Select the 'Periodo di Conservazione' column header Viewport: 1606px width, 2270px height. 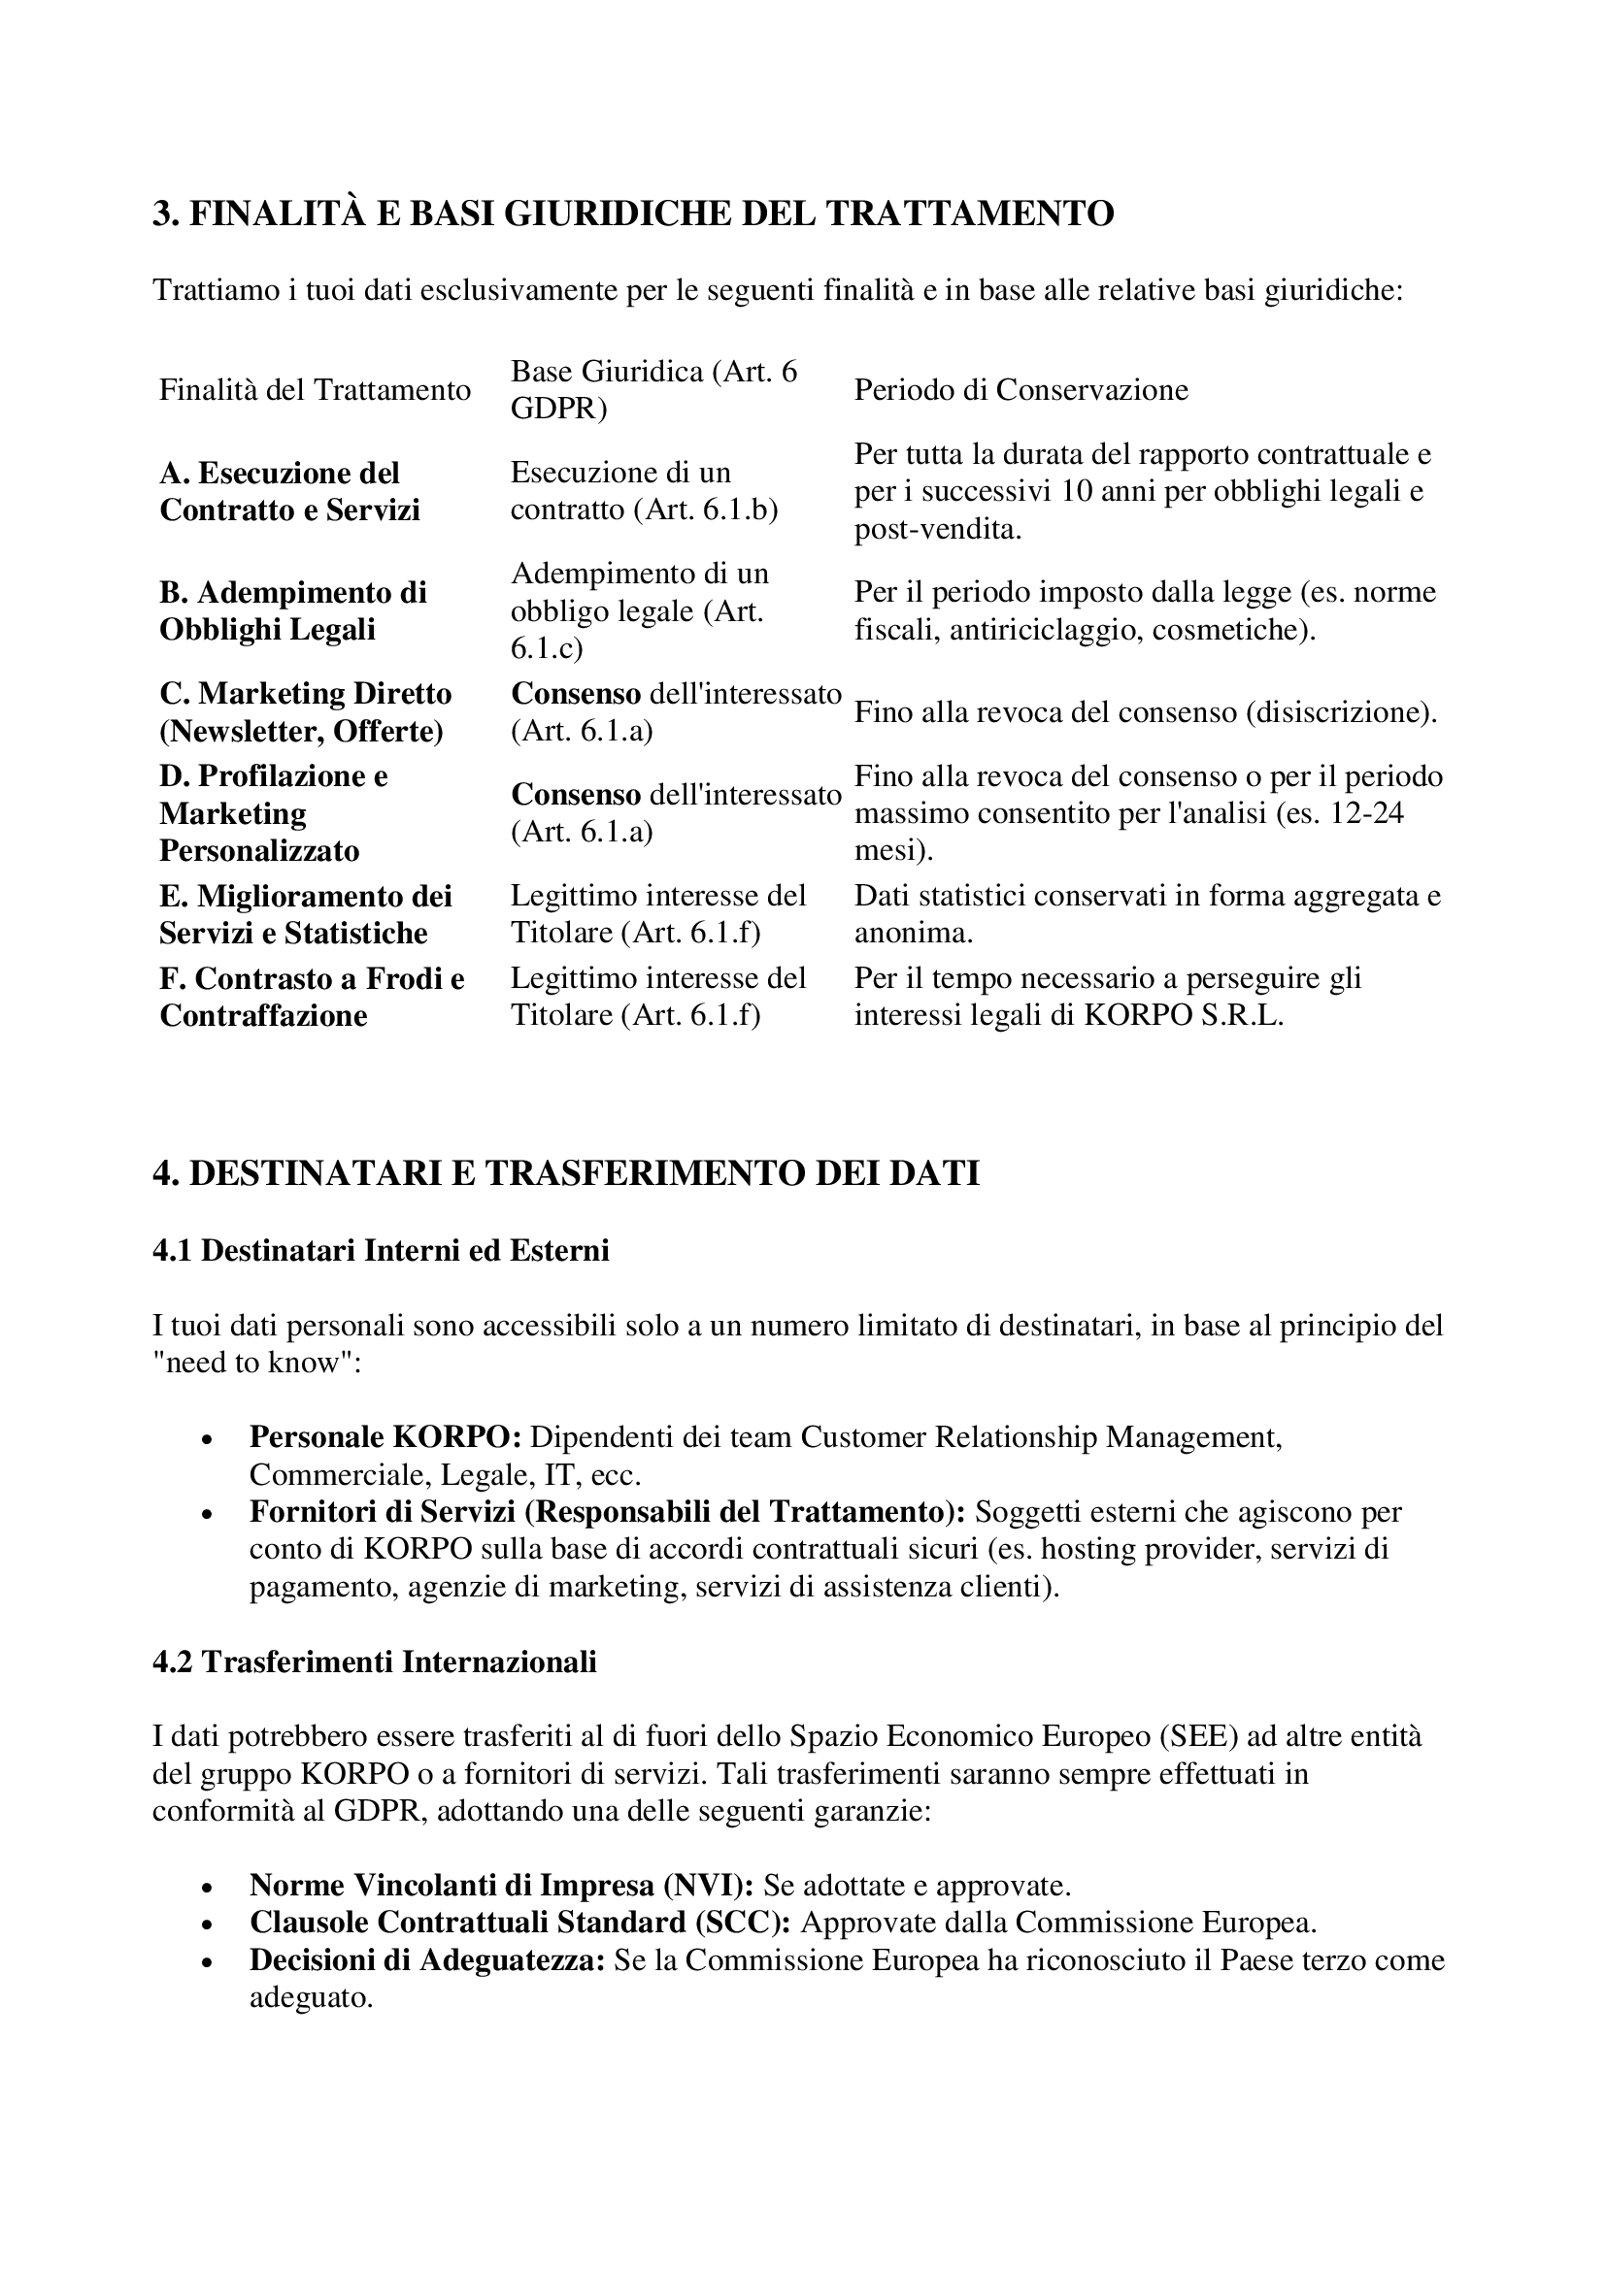point(1020,389)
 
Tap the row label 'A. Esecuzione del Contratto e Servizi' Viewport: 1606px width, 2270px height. point(289,491)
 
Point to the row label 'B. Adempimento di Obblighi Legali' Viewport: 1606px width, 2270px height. point(292,611)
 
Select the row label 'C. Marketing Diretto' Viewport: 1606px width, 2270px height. point(306,694)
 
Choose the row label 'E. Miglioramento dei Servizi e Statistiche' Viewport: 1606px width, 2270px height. point(306,914)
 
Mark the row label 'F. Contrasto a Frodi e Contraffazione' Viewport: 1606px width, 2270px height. point(312,997)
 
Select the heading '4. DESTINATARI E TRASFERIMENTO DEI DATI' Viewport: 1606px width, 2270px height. point(566,1173)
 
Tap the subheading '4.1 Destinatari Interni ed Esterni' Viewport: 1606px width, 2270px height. point(381,1251)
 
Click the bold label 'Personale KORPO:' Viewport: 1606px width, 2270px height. point(385,1436)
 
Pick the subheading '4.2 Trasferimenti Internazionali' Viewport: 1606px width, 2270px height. point(375,1661)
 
